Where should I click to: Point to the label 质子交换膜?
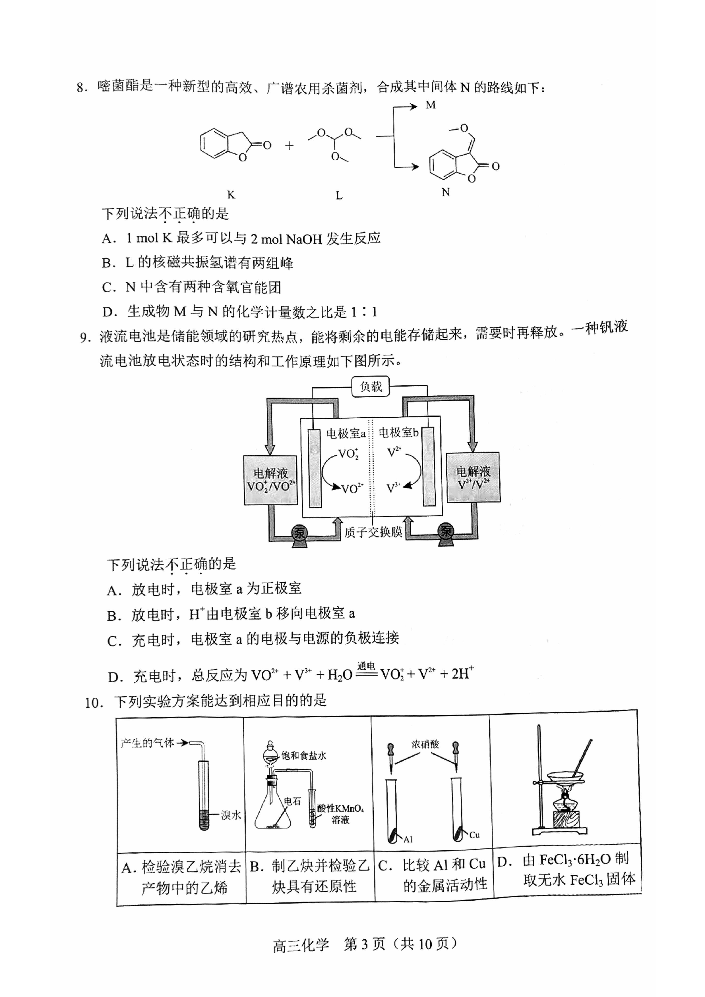coord(374,532)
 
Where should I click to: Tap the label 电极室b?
coord(398,433)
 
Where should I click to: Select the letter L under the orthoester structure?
coord(339,196)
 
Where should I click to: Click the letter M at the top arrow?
coord(431,105)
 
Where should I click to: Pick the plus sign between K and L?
coord(289,146)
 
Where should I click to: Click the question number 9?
coord(85,337)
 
